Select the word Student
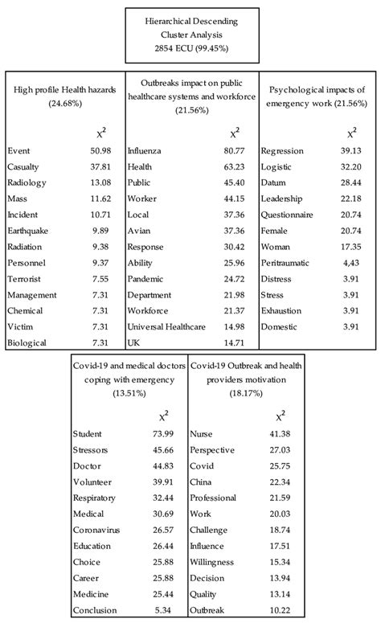click(88, 435)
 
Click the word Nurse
click(201, 435)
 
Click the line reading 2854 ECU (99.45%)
click(190, 48)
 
